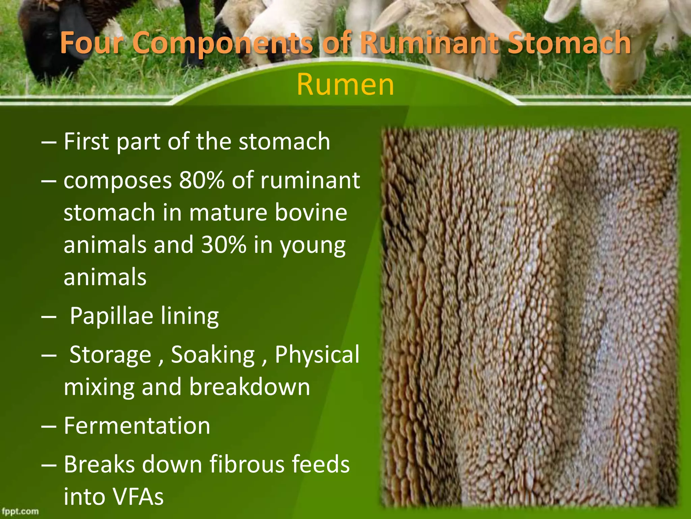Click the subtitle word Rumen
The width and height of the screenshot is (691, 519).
(345, 84)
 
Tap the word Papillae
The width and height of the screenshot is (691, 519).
(111, 316)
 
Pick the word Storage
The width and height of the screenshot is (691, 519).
(110, 355)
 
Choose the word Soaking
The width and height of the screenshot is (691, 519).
(213, 354)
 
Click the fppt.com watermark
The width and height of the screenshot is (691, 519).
(20, 511)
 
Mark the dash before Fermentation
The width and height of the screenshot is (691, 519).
(49, 426)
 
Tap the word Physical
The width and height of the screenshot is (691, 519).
(317, 354)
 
